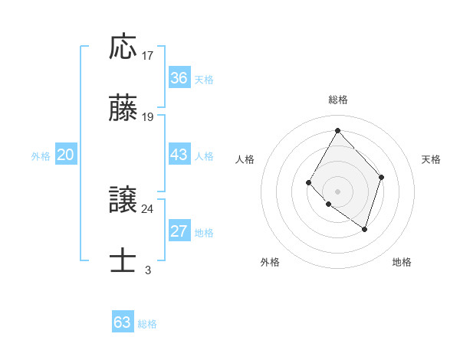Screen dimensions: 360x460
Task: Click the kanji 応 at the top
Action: [x=123, y=47]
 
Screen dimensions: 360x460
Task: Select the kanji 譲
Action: [x=123, y=200]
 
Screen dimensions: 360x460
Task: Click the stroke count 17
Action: [x=148, y=55]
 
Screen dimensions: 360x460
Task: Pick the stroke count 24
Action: [x=148, y=208]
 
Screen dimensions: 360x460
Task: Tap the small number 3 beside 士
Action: [x=147, y=270]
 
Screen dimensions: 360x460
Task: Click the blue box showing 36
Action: [x=179, y=78]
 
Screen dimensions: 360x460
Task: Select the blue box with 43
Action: [x=179, y=155]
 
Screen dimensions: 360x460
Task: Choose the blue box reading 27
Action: [x=179, y=231]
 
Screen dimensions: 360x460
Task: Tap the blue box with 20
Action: [x=66, y=155]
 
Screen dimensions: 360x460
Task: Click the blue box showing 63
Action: [x=123, y=322]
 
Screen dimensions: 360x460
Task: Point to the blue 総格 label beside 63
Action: [x=147, y=324]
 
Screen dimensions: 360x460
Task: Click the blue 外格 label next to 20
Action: [x=41, y=156]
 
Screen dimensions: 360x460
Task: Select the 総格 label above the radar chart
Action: [x=337, y=100]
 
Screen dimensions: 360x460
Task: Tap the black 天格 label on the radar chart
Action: [x=431, y=159]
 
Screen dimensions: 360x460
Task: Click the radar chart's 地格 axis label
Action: [x=402, y=263]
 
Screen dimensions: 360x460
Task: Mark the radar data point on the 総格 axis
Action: [x=337, y=129]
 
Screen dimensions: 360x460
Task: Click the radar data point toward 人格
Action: [x=308, y=182]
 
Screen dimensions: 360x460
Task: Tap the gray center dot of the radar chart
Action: [x=337, y=191]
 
